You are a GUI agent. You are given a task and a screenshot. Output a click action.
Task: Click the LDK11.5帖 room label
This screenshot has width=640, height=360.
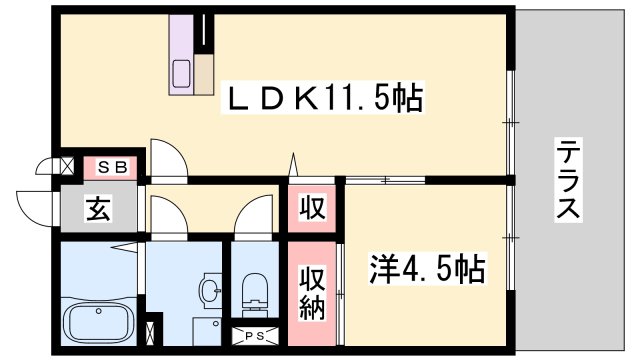point(326,99)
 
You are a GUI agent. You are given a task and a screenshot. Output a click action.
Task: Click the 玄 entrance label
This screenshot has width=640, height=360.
point(97,210)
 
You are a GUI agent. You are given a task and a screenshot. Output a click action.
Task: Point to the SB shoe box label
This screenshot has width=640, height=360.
point(112,167)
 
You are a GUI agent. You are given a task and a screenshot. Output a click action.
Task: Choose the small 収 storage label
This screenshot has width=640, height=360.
point(313,209)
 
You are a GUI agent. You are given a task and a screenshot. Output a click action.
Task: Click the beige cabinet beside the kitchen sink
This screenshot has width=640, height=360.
point(205,73)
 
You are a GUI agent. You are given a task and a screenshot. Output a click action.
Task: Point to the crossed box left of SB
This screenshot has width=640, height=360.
point(69,167)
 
